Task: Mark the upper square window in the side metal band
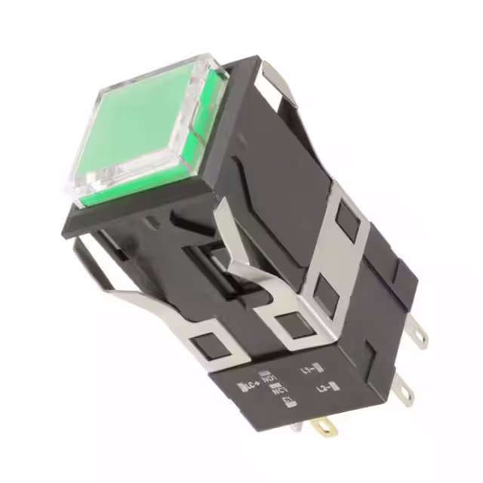[x=349, y=220]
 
